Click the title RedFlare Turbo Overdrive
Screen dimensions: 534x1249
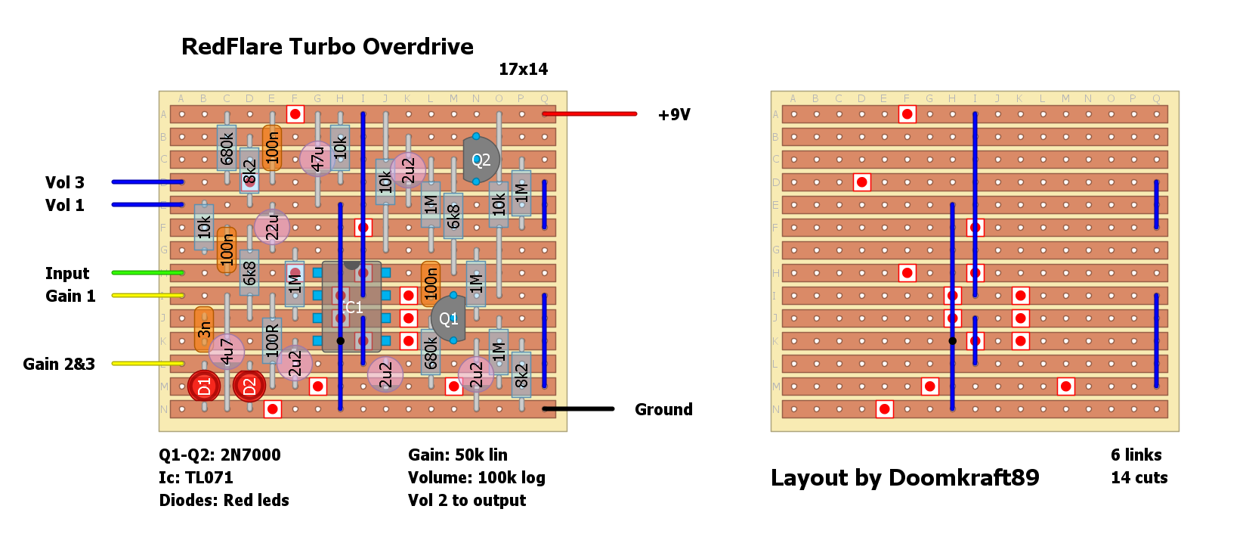click(x=327, y=47)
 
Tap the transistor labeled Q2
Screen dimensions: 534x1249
click(x=480, y=160)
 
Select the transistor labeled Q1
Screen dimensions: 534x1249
click(x=448, y=318)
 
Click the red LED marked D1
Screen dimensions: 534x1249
click(x=204, y=387)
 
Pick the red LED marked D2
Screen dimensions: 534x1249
click(x=249, y=387)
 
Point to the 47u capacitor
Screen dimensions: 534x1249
click(x=317, y=159)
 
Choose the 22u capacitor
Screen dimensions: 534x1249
click(x=272, y=227)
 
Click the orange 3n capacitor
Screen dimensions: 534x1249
click(x=204, y=330)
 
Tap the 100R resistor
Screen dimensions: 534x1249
click(x=272, y=340)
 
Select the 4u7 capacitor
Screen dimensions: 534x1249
click(x=227, y=351)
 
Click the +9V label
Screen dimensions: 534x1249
click(x=674, y=115)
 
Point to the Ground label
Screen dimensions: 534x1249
click(x=663, y=410)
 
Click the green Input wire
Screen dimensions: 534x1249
click(x=147, y=272)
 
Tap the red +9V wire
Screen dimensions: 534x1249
click(x=589, y=114)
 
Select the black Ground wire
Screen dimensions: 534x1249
click(x=578, y=409)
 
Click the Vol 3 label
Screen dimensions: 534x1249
click(x=65, y=183)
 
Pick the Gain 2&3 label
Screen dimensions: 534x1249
click(x=59, y=365)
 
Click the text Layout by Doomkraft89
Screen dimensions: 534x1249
click(x=904, y=478)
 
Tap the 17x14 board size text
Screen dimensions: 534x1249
click(x=523, y=70)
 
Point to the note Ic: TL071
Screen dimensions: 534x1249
click(x=196, y=478)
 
